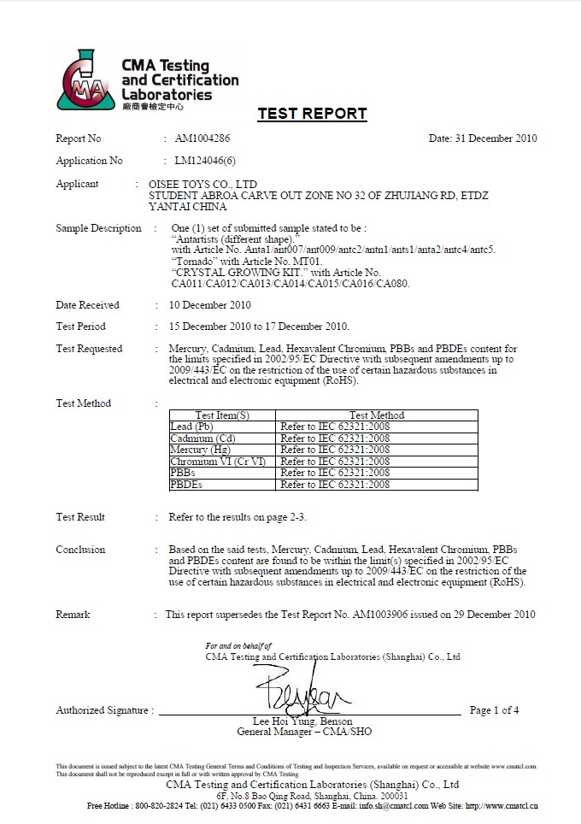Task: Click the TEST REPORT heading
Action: pyautogui.click(x=312, y=114)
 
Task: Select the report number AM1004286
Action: pyautogui.click(x=202, y=138)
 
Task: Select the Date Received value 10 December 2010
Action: pyautogui.click(x=209, y=305)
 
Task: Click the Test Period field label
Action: pyautogui.click(x=81, y=327)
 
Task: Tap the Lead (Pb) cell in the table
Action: pyautogui.click(x=192, y=427)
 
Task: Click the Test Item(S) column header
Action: pyautogui.click(x=222, y=415)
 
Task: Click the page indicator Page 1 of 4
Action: pyautogui.click(x=494, y=710)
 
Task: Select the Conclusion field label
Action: pyautogui.click(x=80, y=550)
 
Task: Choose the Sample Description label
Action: pyautogui.click(x=98, y=228)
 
